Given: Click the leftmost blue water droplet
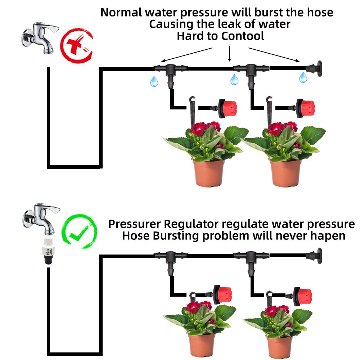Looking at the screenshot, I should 154,81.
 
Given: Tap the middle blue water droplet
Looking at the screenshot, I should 234,79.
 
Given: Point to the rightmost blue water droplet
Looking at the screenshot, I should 303,77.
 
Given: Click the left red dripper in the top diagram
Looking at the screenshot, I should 226,107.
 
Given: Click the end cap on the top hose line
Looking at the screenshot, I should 315,67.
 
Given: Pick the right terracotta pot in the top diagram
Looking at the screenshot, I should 285,173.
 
